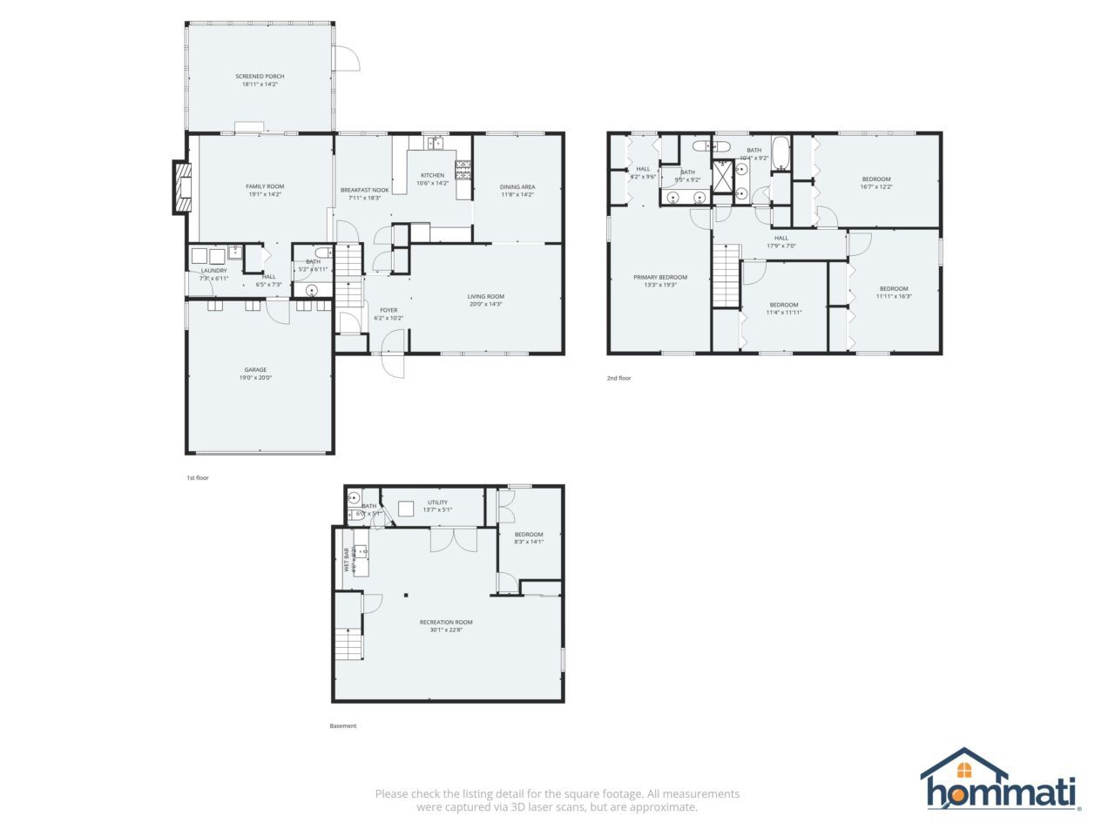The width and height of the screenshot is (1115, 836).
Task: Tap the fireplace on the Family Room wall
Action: [x=182, y=186]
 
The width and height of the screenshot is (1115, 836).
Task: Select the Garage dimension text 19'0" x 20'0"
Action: [x=255, y=378]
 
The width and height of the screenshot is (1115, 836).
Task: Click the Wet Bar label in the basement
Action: [x=347, y=559]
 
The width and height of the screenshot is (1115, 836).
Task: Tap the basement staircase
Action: [x=349, y=644]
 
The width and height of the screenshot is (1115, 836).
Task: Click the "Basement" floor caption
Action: [x=343, y=726]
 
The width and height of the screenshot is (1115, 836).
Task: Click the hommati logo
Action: [x=1001, y=780]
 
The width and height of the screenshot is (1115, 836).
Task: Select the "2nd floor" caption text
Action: [x=619, y=378]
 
